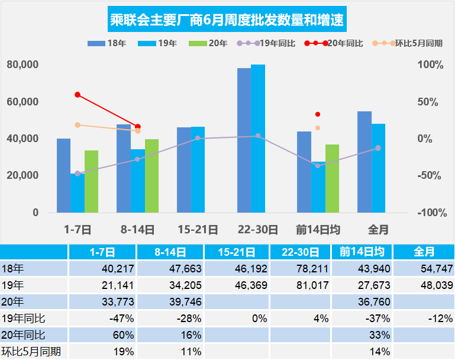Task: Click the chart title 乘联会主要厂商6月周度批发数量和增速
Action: (227, 21)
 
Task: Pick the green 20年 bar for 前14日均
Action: (332, 178)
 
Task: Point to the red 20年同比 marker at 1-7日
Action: (78, 95)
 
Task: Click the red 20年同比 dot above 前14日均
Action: (318, 114)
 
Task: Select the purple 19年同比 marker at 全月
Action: (378, 148)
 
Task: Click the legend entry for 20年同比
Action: (335, 43)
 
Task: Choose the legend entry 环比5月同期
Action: (408, 43)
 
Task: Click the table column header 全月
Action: (422, 252)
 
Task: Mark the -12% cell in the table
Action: (422, 318)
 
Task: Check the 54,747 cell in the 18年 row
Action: (422, 268)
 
